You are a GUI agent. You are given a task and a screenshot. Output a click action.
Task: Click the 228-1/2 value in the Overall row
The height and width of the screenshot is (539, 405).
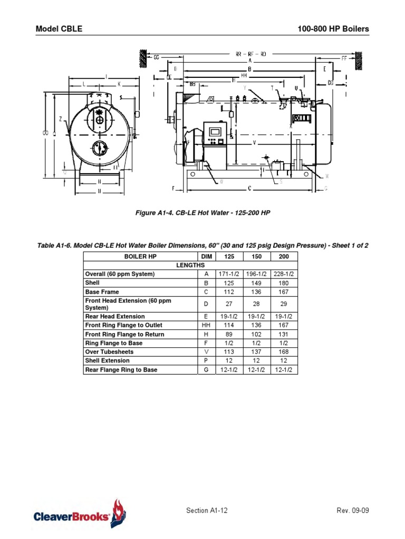(284, 274)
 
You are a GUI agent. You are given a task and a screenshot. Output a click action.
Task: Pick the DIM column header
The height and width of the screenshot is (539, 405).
(206, 256)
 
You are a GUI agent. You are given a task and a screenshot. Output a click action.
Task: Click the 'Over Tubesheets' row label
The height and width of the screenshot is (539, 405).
(109, 352)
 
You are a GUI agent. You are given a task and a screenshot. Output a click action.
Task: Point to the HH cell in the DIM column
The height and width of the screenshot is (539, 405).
(206, 325)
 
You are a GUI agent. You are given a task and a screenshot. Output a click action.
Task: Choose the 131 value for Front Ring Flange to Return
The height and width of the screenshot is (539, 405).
(284, 334)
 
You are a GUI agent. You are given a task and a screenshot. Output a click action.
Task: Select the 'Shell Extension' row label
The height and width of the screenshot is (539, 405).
(107, 361)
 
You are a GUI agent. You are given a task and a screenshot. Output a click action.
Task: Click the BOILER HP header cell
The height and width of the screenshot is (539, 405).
(140, 256)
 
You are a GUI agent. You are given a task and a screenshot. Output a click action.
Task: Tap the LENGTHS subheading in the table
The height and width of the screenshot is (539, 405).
(190, 265)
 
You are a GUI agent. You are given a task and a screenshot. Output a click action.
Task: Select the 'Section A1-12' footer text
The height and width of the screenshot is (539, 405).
(207, 511)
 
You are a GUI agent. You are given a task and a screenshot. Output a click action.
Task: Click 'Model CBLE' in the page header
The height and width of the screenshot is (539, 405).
(59, 29)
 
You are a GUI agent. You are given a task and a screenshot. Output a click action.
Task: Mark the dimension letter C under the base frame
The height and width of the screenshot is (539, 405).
(249, 188)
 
